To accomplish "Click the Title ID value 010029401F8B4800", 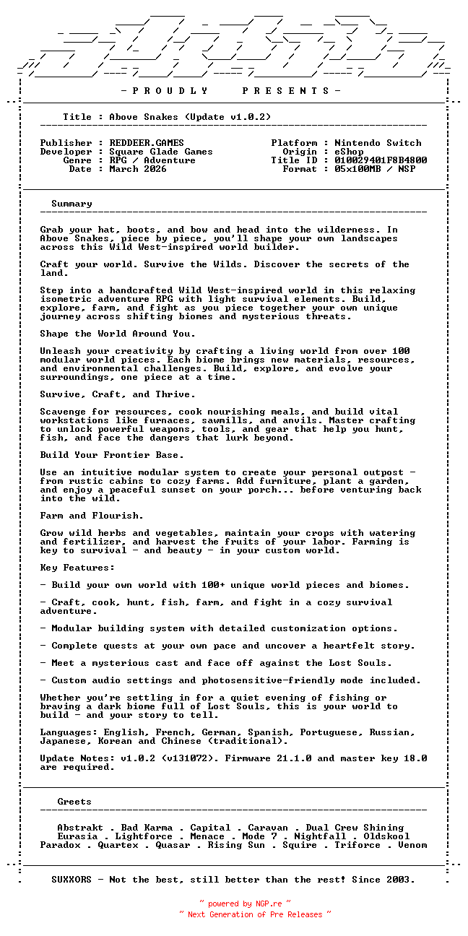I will (x=381, y=160).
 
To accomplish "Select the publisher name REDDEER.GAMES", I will (x=147, y=143).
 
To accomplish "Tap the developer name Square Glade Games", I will (x=161, y=152).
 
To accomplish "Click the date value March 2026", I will (x=138, y=169).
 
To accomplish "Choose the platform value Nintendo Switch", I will (x=378, y=143).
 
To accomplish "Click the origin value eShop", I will (x=349, y=152).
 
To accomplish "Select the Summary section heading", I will (x=71, y=204).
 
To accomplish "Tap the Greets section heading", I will (x=74, y=802).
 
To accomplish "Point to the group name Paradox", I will (x=60, y=845).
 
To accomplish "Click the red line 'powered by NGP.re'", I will (x=245, y=903).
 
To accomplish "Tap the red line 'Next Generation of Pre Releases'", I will (x=255, y=914).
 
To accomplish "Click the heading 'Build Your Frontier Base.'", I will (x=112, y=455).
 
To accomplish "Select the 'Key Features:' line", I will (x=77, y=568).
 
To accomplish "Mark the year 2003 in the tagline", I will (x=401, y=880).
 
